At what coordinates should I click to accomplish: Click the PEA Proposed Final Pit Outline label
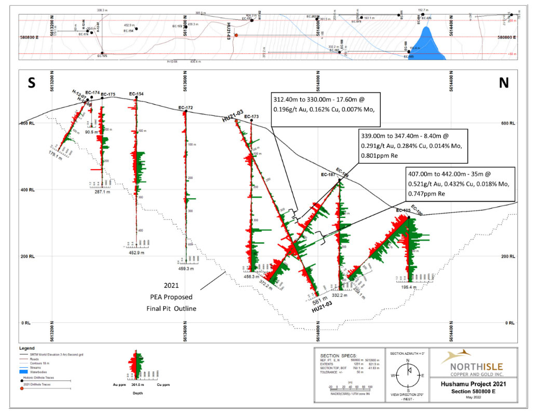click(x=171, y=297)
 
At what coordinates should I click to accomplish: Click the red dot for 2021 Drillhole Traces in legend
click(x=21, y=388)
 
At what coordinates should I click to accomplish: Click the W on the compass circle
click(x=394, y=375)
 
